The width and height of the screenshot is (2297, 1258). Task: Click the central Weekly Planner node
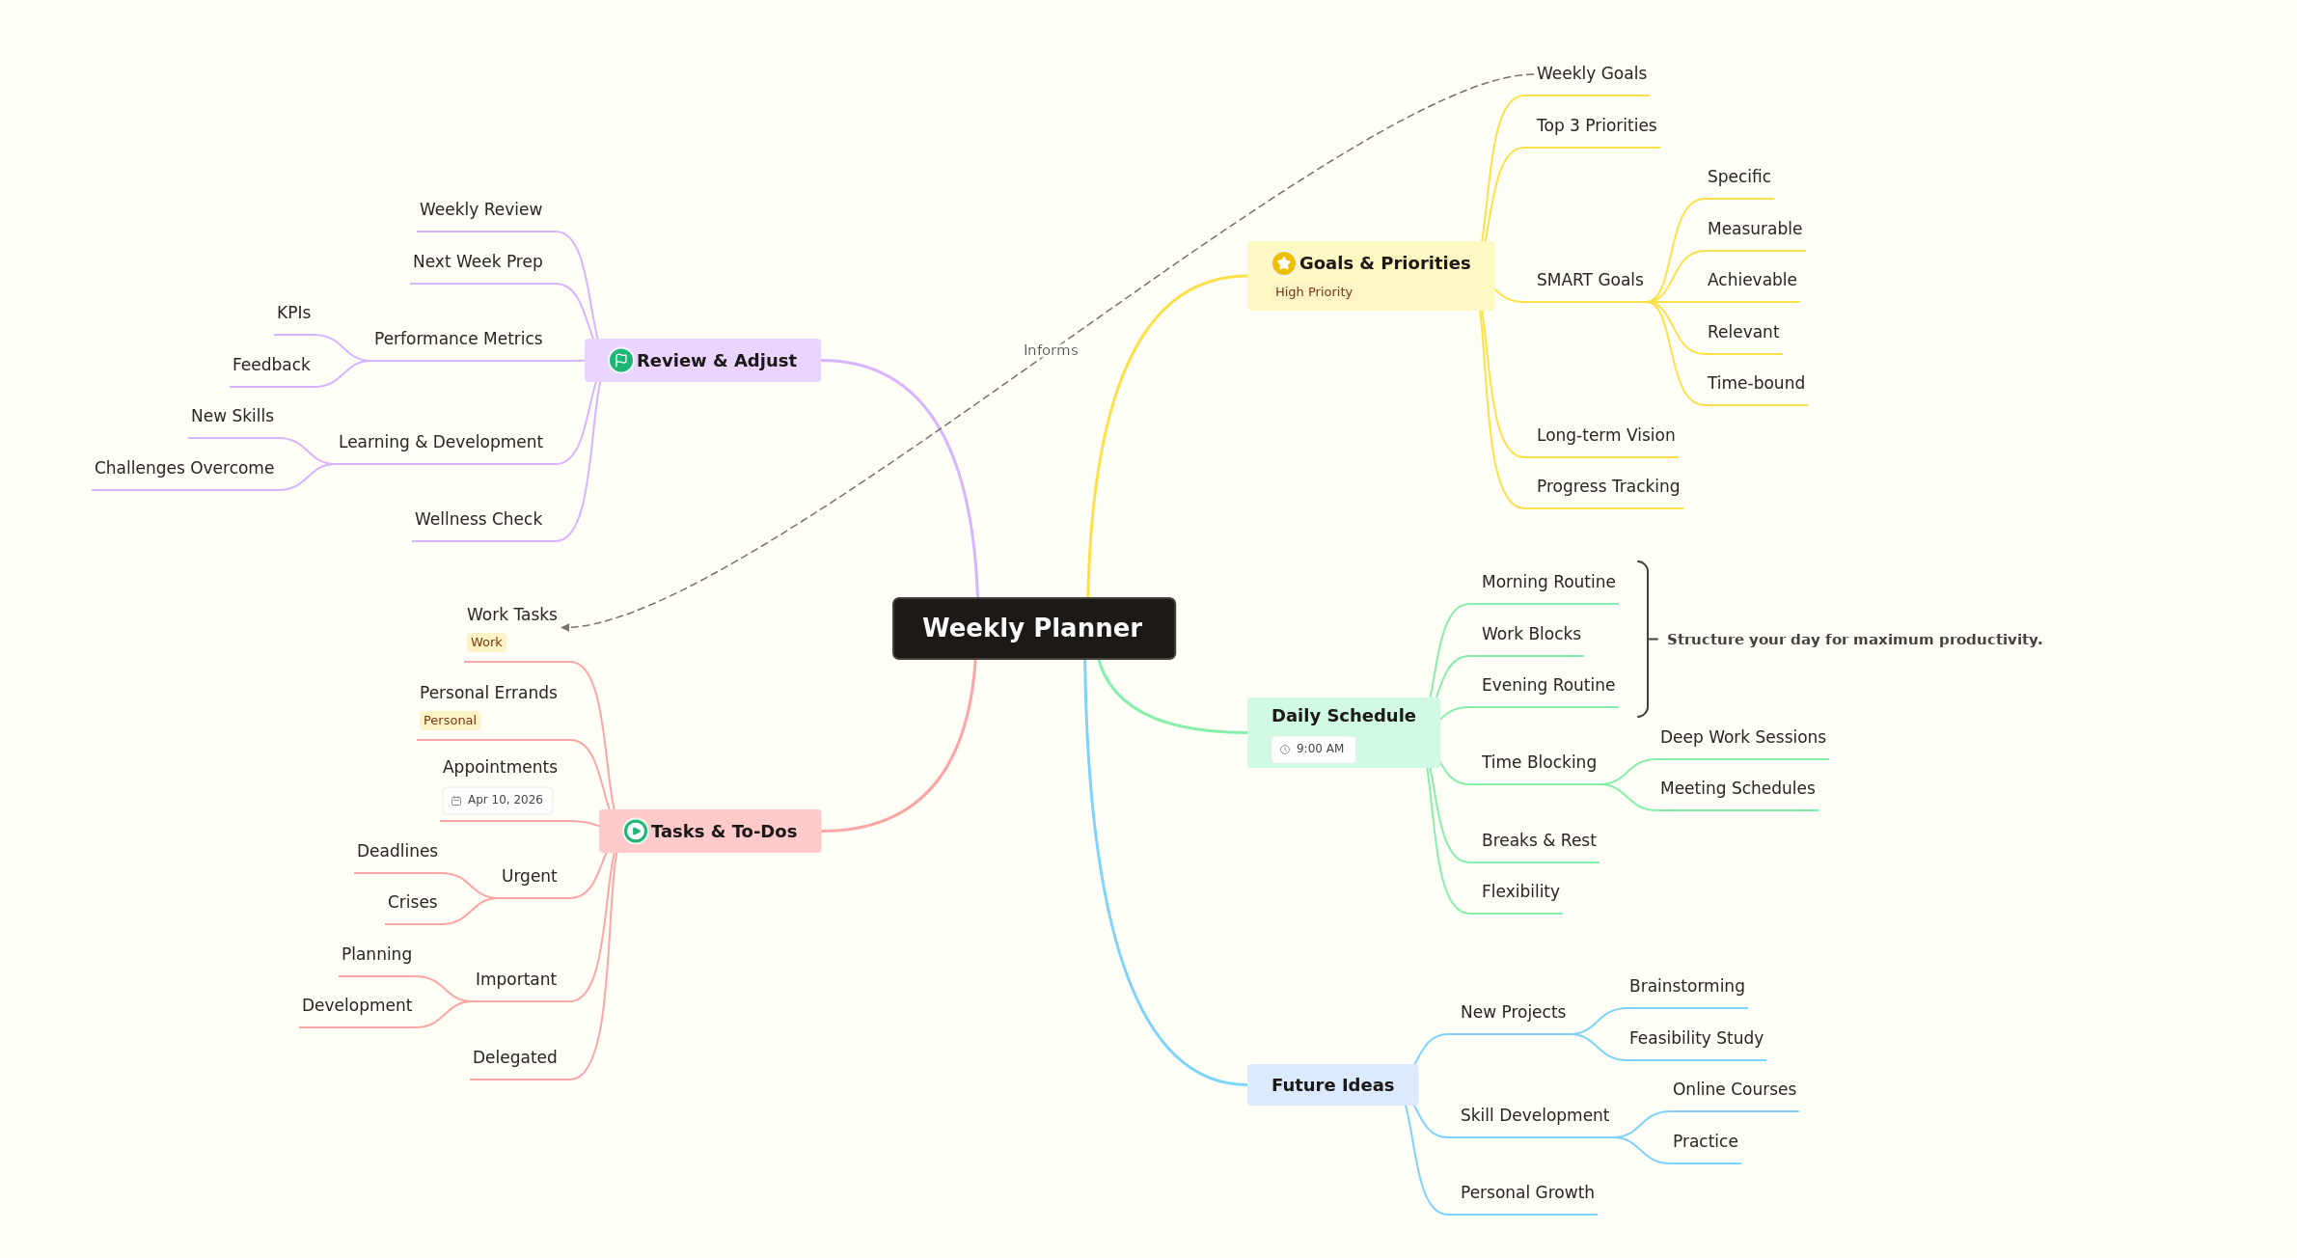point(1033,628)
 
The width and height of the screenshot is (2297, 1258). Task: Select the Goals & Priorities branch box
point(1370,276)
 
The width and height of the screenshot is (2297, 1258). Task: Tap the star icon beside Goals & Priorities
point(1283,263)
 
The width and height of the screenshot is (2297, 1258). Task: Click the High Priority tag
point(1313,292)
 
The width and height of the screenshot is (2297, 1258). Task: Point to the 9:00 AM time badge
point(1313,750)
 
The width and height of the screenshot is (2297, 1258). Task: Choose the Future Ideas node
point(1332,1085)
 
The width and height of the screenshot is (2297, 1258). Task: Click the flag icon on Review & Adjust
point(621,361)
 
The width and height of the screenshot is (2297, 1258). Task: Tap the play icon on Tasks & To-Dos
point(635,832)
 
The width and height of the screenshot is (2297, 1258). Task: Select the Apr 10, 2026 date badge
point(498,800)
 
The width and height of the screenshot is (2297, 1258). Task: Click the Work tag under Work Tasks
point(486,643)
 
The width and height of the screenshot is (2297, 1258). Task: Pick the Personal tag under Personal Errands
point(450,721)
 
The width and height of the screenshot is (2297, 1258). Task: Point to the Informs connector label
point(1051,350)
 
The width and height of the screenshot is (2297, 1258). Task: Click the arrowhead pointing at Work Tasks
point(565,627)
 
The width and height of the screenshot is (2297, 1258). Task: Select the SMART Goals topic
point(1590,280)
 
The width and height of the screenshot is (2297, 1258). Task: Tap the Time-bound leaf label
point(1756,383)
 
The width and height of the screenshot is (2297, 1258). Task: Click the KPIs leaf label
point(293,313)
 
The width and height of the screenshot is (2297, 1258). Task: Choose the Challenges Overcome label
point(184,468)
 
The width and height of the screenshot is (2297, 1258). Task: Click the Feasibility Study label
point(1696,1038)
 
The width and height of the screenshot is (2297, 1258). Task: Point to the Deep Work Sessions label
point(1742,737)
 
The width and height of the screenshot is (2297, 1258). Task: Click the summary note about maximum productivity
point(1854,640)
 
